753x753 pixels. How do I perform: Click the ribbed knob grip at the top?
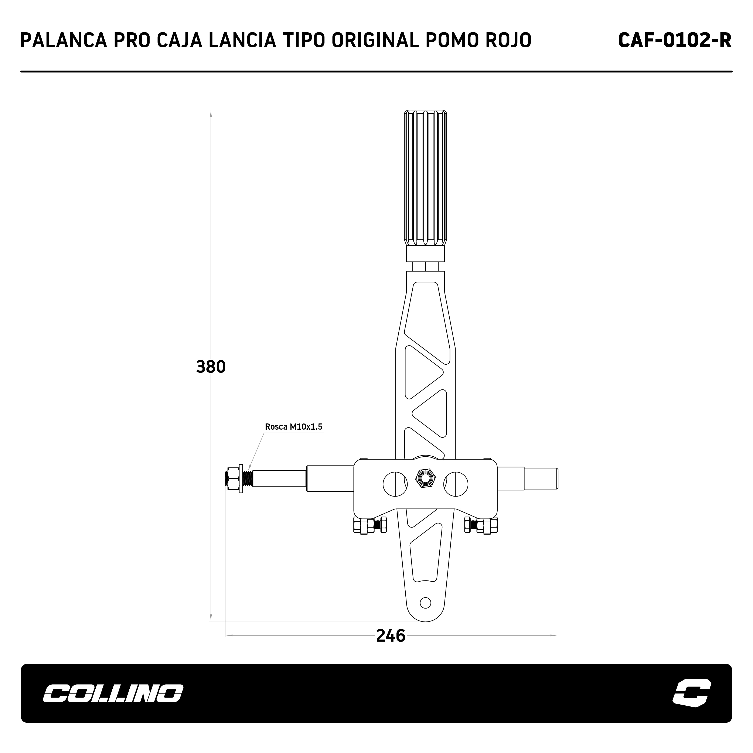425,178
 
